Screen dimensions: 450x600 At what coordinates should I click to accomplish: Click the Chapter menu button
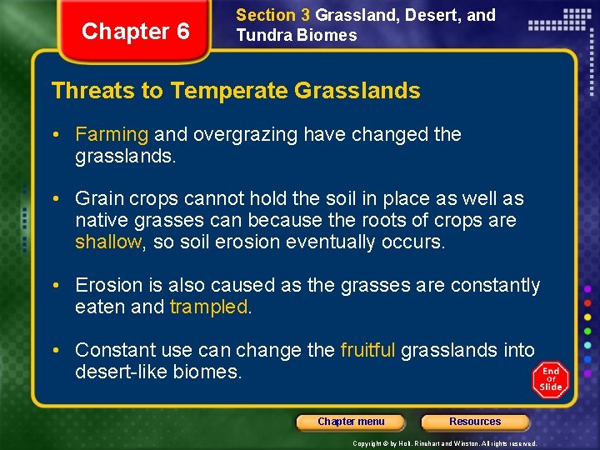click(x=351, y=422)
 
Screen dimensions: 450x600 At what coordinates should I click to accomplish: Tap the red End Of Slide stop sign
click(x=550, y=379)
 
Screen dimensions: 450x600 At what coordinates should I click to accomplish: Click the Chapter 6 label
click(x=136, y=32)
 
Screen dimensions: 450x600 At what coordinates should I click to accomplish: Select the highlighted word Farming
click(x=112, y=134)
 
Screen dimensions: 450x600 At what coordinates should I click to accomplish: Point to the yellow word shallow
click(x=108, y=242)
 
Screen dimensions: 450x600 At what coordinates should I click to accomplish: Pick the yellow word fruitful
click(x=367, y=350)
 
